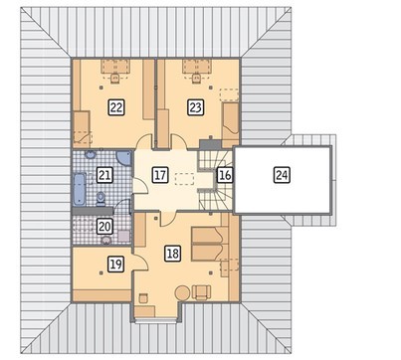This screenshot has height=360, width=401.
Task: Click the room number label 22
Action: tap(116, 107)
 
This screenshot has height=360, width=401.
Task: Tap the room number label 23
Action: tap(195, 107)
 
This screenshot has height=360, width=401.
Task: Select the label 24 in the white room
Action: tap(282, 175)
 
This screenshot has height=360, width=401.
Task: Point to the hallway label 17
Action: tap(160, 175)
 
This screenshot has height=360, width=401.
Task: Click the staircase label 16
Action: tap(225, 175)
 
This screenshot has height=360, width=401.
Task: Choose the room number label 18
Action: tap(173, 254)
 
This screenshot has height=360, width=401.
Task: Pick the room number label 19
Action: tap(116, 265)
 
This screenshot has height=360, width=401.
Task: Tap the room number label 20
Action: tap(104, 227)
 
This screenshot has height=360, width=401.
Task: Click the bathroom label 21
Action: tap(104, 175)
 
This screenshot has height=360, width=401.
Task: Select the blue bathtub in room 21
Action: tap(80, 189)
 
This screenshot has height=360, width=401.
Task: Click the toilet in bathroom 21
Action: tap(100, 199)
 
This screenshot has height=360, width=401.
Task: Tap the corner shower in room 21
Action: tap(124, 158)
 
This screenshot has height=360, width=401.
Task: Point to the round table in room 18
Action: tap(182, 293)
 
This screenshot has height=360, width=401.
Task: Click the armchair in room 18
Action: tap(201, 291)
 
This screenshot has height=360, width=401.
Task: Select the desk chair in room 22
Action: tap(115, 79)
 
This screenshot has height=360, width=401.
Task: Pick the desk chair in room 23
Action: tap(196, 79)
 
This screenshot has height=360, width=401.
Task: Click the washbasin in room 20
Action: tap(106, 240)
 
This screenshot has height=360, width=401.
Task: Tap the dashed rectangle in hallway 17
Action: tap(184, 179)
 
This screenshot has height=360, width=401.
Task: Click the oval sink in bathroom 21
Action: tap(90, 154)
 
